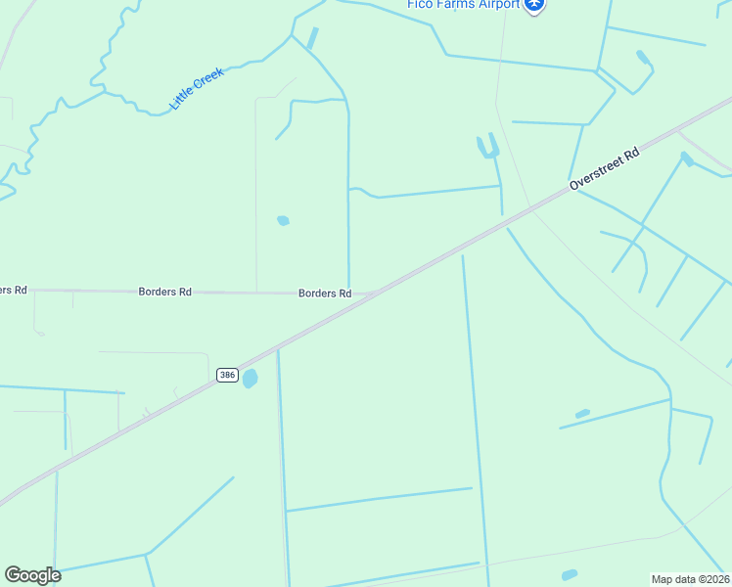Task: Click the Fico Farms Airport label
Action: coord(463,4)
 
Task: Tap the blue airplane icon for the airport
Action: coord(533,5)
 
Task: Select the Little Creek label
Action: coord(197,88)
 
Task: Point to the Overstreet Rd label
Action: coord(605,168)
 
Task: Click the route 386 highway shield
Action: coord(227,376)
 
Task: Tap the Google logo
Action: coord(32,574)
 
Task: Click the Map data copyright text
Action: coord(689,579)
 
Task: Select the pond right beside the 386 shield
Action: coord(251,378)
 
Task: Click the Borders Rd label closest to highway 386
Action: coord(325,293)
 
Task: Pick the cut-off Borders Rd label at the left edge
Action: coord(13,291)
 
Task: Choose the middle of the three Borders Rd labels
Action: coord(164,292)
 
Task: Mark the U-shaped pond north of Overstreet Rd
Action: coord(487,148)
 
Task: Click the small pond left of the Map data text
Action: coord(570,574)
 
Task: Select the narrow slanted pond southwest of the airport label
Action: coord(312,39)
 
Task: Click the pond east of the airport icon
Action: coord(643,58)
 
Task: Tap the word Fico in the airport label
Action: coord(421,4)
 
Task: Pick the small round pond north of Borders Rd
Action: coord(283,220)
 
